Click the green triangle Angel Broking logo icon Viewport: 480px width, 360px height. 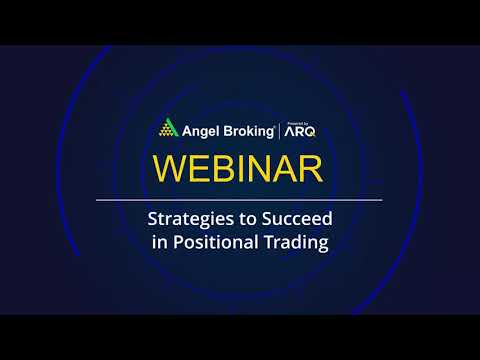click(167, 128)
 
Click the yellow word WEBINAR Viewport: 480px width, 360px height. click(239, 168)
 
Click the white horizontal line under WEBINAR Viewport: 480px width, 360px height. click(239, 200)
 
